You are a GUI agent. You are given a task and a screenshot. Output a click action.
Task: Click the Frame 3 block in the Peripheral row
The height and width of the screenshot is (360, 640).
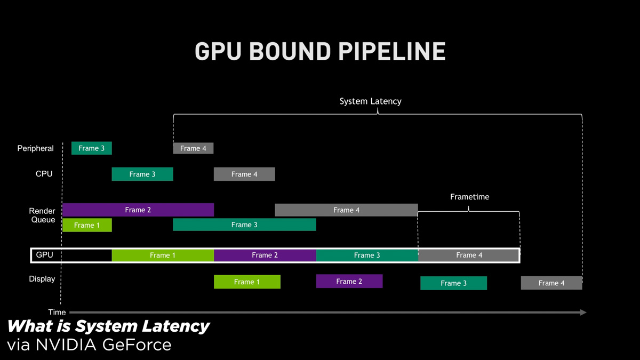[92, 148]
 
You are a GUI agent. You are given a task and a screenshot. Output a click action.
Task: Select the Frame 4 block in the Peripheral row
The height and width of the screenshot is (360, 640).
[193, 148]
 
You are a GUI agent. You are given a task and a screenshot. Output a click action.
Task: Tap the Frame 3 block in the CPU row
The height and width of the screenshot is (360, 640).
[142, 174]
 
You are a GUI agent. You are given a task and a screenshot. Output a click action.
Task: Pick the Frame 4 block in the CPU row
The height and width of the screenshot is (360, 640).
[244, 174]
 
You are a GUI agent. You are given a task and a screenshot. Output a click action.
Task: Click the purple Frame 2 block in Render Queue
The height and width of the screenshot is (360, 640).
[138, 210]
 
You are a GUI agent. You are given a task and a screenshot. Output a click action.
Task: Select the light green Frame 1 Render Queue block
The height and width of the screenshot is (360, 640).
[87, 225]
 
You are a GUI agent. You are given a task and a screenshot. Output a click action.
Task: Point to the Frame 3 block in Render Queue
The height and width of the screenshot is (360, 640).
[244, 225]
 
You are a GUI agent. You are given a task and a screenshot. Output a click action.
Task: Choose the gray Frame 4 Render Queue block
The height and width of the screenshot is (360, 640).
[346, 210]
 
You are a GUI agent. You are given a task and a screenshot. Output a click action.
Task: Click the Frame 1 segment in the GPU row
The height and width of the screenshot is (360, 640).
[163, 255]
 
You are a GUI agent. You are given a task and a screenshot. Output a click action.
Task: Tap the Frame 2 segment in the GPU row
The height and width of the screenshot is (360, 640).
[265, 255]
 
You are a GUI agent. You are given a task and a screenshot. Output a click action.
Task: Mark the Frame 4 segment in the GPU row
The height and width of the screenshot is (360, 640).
[469, 255]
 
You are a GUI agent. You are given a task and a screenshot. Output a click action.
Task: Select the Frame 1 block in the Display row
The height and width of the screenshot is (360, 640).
[247, 282]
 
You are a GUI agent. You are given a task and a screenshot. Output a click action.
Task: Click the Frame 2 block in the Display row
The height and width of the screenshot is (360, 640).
[349, 281]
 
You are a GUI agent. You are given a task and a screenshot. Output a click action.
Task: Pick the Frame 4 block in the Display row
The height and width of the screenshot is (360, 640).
[551, 283]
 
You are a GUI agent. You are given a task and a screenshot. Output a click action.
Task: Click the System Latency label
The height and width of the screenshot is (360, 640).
[371, 101]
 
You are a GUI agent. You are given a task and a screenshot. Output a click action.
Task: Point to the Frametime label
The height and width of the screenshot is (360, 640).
[469, 197]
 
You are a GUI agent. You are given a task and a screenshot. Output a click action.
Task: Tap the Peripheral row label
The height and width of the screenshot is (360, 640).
[36, 148]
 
